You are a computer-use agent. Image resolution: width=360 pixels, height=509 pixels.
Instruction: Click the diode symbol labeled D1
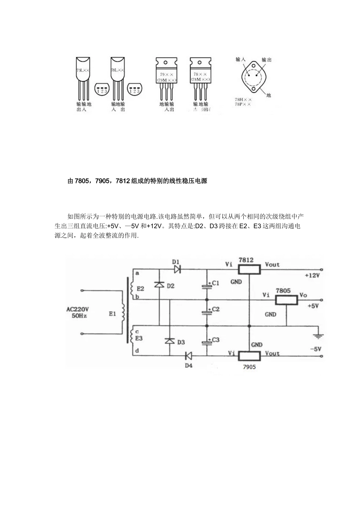click(177, 270)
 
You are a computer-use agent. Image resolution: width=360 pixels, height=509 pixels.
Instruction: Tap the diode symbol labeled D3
click(169, 341)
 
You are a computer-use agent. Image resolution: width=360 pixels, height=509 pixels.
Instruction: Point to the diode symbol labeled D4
click(188, 356)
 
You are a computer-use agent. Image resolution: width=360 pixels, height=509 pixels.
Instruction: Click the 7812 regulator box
click(249, 269)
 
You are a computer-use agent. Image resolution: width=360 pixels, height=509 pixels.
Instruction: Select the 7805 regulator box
click(286, 300)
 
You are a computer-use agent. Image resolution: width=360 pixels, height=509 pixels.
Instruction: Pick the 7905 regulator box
click(249, 356)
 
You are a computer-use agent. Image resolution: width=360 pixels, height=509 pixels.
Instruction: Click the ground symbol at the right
click(317, 336)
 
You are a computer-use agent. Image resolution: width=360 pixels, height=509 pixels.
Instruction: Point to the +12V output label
click(312, 276)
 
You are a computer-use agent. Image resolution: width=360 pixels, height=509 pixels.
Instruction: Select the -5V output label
click(315, 349)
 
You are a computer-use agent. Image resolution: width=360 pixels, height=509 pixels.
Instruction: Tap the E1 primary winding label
click(113, 314)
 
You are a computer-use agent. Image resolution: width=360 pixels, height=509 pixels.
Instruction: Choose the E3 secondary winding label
click(139, 339)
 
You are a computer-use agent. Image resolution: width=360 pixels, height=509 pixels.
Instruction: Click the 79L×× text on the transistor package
click(83, 70)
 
